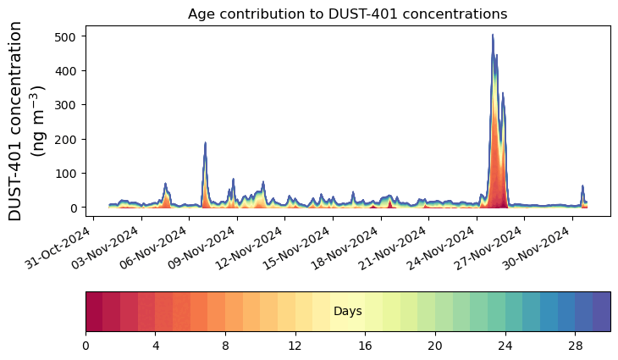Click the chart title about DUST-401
(x=347, y=14)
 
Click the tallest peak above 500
(x=493, y=36)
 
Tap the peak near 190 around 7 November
(x=205, y=143)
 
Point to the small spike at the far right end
(x=582, y=186)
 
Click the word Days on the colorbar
(x=348, y=312)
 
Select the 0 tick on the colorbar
(x=86, y=347)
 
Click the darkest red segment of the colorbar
(x=94, y=311)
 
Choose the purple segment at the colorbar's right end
(x=602, y=311)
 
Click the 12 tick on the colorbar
(x=295, y=347)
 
